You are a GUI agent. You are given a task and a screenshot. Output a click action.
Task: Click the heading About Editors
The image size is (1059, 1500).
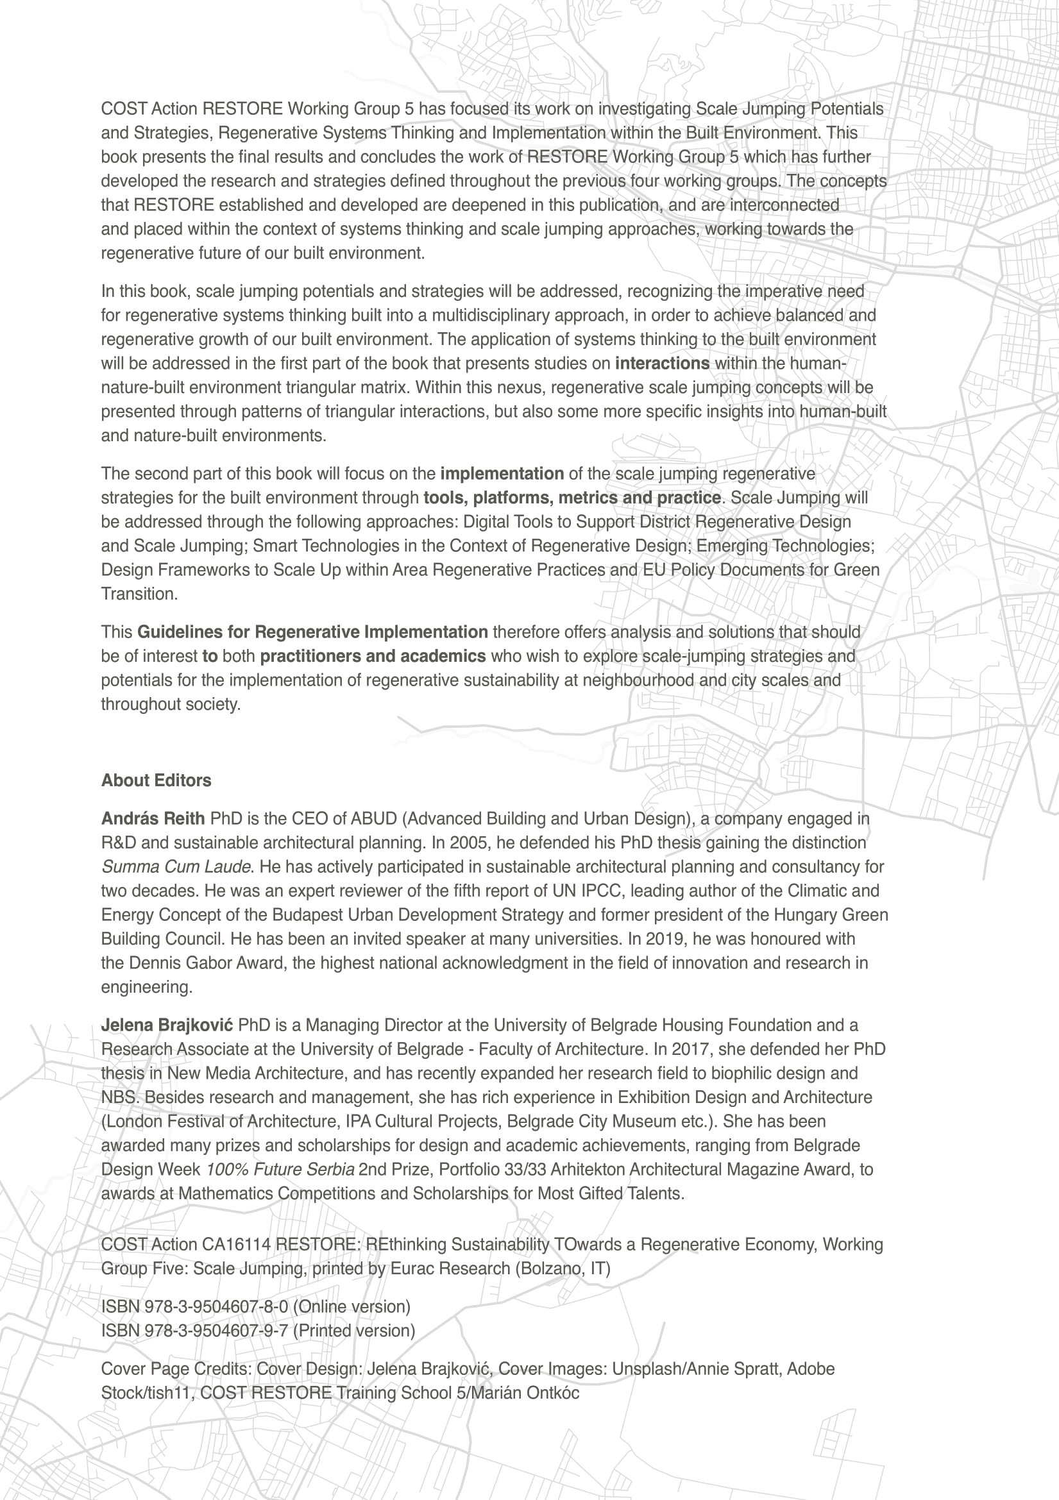(156, 780)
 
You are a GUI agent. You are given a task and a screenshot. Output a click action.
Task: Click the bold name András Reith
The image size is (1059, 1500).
(153, 818)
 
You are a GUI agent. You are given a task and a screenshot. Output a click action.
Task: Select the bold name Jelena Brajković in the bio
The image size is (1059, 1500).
(167, 1025)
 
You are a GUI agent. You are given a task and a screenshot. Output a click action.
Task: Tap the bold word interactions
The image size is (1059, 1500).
(662, 363)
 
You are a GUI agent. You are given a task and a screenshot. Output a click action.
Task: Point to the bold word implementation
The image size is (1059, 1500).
(502, 474)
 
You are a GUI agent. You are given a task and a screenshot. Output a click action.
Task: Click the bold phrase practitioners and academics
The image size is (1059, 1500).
(373, 656)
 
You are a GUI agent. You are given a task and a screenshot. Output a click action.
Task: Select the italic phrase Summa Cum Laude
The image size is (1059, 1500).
(176, 867)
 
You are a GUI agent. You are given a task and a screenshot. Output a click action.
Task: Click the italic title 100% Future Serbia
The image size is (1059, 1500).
(280, 1170)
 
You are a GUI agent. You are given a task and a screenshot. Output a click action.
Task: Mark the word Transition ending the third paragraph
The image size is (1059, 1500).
(139, 594)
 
